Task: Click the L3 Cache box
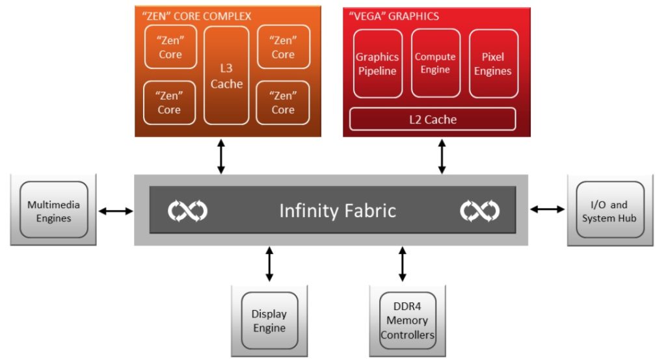(226, 75)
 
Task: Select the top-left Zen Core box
(170, 47)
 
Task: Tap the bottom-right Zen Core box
(283, 103)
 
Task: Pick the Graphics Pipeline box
(378, 64)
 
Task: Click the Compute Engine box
(435, 63)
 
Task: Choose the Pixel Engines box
(493, 64)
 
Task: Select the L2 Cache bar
(433, 119)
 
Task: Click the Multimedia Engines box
(53, 210)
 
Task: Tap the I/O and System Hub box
(610, 210)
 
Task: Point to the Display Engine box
(269, 321)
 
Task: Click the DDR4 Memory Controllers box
(408, 321)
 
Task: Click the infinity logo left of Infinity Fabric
(187, 211)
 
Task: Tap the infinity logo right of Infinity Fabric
(479, 211)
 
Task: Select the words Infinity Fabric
(338, 211)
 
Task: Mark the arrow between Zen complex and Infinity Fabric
(221, 156)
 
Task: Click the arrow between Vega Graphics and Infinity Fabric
(442, 156)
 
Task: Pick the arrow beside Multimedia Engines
(116, 211)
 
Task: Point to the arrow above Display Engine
(269, 264)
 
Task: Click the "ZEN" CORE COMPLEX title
(196, 16)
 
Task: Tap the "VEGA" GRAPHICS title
(393, 16)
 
